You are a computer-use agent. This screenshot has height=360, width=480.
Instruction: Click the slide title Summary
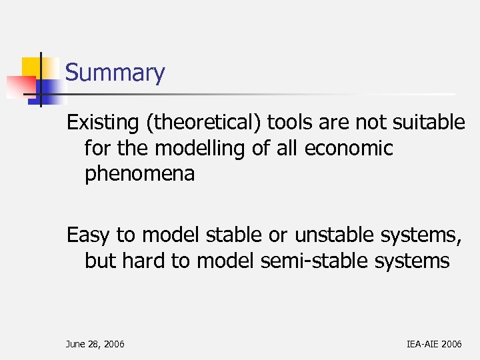[x=115, y=73]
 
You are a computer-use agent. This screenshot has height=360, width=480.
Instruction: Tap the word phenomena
[x=139, y=175]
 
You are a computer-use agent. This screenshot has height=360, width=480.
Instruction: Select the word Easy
[x=89, y=235]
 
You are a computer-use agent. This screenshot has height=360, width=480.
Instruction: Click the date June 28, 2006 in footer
[x=95, y=344]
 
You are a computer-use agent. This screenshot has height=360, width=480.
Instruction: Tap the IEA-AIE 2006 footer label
[x=433, y=344]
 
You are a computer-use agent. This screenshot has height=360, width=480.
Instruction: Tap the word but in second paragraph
[x=100, y=261]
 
